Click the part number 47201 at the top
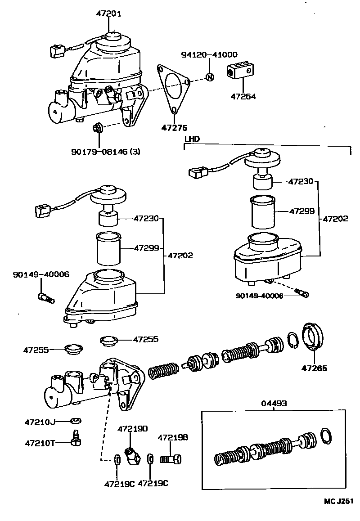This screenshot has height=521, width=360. point(108,13)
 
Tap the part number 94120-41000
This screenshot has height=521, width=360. point(209,54)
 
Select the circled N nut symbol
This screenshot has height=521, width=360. point(209,77)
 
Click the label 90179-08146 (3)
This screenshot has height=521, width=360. point(105,152)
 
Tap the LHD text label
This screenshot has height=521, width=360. point(192,139)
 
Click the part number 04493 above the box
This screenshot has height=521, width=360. point(273,404)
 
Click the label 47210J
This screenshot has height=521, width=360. point(39,422)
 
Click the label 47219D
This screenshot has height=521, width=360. point(133,429)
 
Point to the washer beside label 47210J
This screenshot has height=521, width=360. point(76,421)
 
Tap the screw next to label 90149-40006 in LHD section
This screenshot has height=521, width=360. point(303,293)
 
